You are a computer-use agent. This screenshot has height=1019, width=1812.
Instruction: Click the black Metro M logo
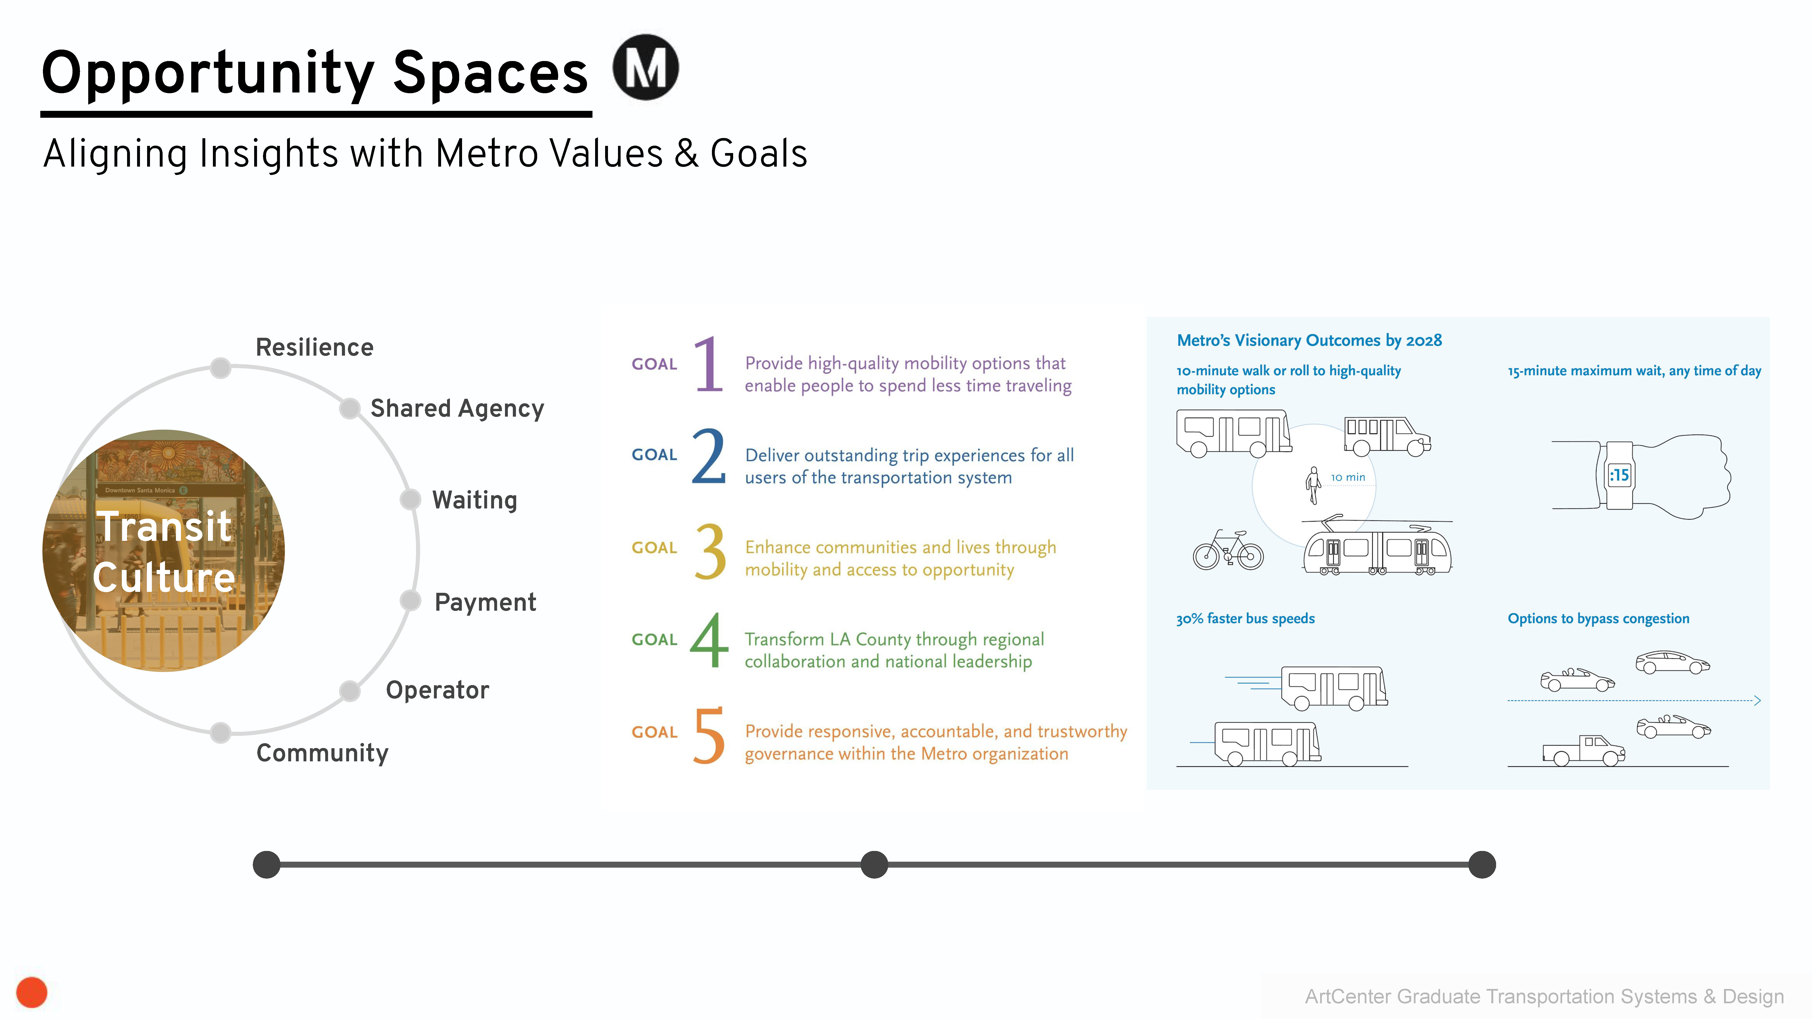[x=645, y=67]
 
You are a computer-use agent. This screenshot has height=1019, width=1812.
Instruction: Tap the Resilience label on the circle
[x=314, y=347]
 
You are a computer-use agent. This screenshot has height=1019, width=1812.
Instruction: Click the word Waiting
[x=475, y=500]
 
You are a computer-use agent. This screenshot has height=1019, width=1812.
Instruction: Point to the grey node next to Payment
[x=410, y=601]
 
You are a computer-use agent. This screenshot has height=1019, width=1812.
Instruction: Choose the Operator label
[x=438, y=690]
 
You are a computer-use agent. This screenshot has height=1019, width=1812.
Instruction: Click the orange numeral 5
[x=709, y=735]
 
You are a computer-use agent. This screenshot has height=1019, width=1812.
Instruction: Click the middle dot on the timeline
[x=874, y=864]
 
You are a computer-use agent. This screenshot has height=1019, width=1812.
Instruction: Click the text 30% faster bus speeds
[x=1245, y=619]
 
